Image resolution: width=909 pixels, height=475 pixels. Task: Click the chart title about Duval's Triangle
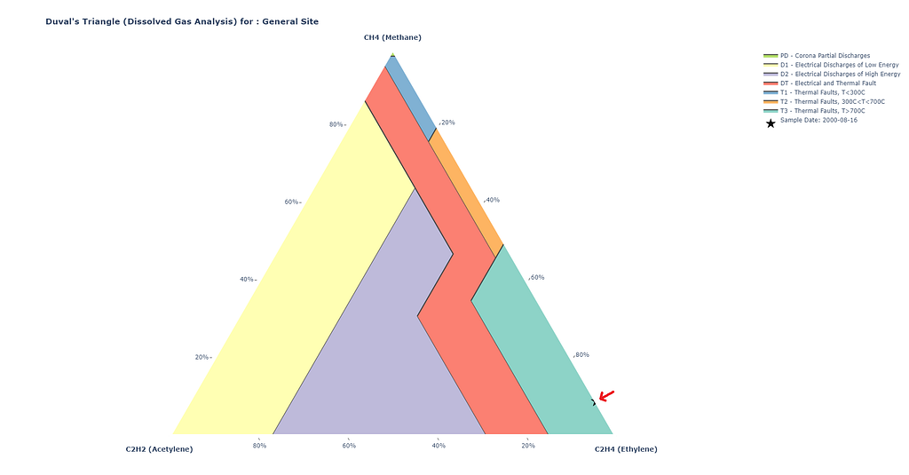[182, 21]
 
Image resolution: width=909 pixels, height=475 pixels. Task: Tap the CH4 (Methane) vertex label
[392, 37]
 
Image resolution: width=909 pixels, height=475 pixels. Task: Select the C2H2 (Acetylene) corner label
[160, 449]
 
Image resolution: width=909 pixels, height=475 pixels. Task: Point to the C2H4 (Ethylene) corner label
[626, 449]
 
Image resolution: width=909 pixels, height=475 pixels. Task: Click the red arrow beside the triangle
[606, 396]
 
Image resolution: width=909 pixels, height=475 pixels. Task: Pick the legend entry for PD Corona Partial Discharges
[817, 56]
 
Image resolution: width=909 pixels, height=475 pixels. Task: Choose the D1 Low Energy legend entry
[831, 65]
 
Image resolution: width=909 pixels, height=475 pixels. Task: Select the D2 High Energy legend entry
[832, 75]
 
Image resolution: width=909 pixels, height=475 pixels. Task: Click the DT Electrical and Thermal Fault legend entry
[819, 83]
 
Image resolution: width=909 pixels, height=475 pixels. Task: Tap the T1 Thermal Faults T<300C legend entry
[815, 93]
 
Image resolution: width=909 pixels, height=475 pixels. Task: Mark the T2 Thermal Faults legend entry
[825, 102]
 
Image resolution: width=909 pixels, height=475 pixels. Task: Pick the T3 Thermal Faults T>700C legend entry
[815, 111]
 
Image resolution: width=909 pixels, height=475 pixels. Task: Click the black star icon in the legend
[771, 123]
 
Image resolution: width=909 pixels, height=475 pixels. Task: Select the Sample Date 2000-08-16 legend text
[818, 120]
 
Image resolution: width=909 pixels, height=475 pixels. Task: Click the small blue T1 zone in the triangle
[413, 99]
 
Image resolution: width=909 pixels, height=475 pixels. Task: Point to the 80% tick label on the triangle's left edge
[336, 124]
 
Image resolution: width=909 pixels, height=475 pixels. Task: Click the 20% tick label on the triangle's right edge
[447, 123]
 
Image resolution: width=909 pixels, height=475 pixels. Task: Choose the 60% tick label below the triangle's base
[349, 446]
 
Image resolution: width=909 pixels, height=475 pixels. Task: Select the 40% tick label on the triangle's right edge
[492, 200]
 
